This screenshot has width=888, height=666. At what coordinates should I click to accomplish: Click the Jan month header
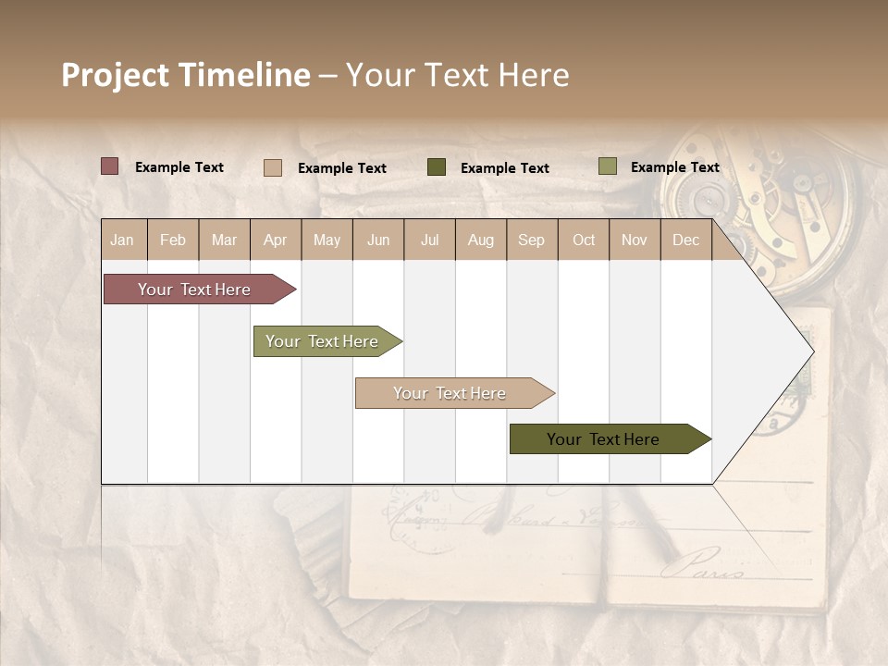pyautogui.click(x=122, y=240)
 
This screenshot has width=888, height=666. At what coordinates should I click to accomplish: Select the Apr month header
pyautogui.click(x=275, y=240)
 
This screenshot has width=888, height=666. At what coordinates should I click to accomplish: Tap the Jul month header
pyautogui.click(x=429, y=240)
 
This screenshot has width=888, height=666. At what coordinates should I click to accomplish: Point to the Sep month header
pyautogui.click(x=531, y=240)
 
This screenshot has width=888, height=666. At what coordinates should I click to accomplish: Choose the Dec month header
pyautogui.click(x=685, y=240)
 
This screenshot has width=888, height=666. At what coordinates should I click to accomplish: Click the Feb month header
pyautogui.click(x=173, y=240)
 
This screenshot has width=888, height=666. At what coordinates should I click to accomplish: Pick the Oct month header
pyautogui.click(x=583, y=240)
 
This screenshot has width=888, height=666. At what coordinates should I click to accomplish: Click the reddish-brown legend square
pyautogui.click(x=109, y=166)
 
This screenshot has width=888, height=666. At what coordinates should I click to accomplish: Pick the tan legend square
pyautogui.click(x=272, y=167)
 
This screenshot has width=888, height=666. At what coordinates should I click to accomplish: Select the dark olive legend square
pyautogui.click(x=437, y=167)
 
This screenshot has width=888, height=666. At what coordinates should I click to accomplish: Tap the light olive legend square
pyautogui.click(x=607, y=166)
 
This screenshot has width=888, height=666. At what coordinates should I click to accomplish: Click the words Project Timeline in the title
pyautogui.click(x=185, y=75)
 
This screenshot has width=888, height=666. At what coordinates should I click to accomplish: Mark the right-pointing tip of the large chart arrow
pyautogui.click(x=811, y=351)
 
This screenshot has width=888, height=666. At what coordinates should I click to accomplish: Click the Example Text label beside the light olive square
pyautogui.click(x=674, y=167)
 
